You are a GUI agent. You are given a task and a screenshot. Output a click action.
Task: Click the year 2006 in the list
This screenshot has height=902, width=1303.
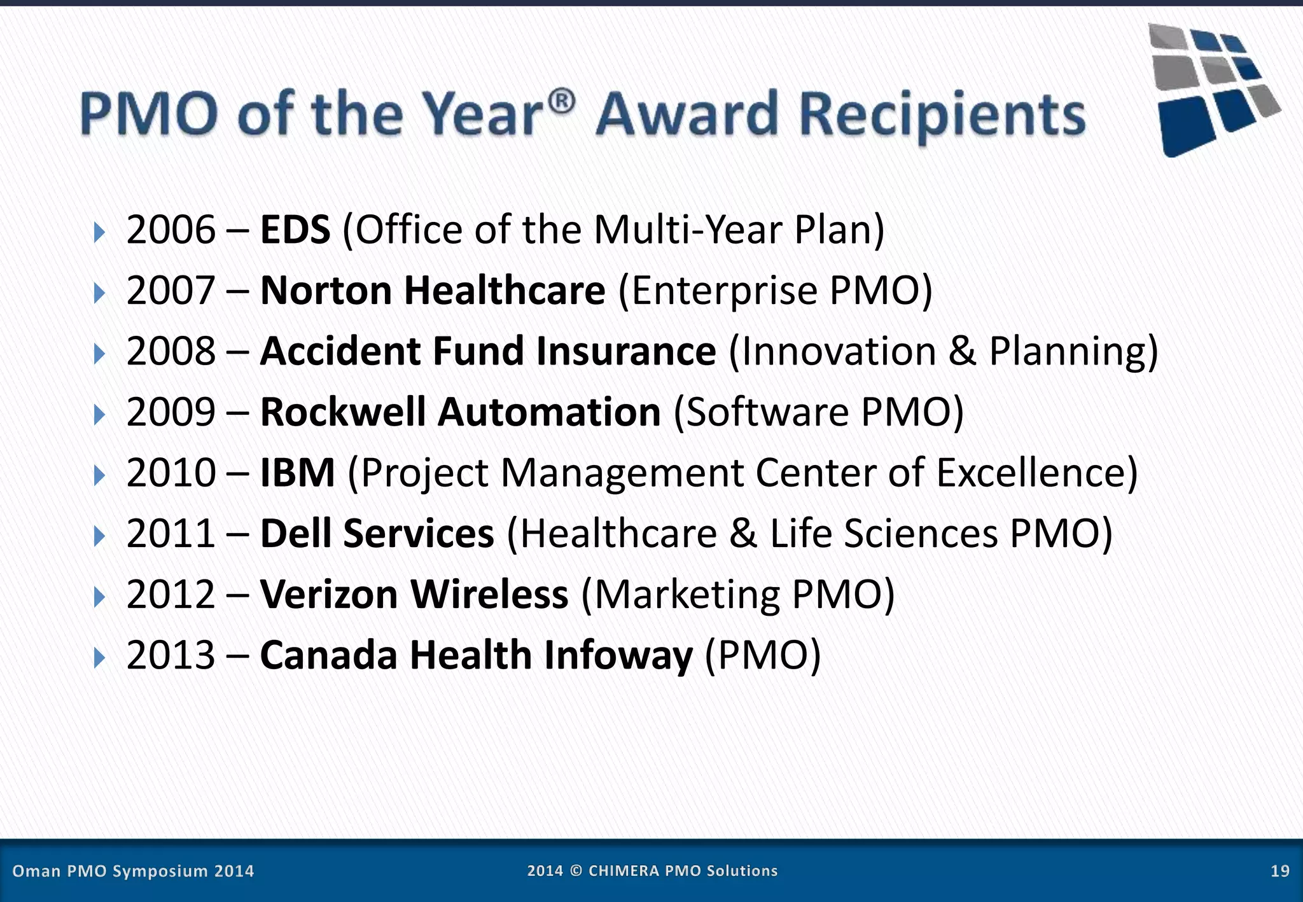[171, 230]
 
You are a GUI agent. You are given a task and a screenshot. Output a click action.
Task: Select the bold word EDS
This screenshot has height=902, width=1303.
[295, 230]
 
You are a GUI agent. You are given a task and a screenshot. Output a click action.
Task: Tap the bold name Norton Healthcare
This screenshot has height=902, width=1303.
[433, 291]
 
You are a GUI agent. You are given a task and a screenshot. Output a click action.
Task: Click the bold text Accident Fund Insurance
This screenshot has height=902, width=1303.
[488, 351]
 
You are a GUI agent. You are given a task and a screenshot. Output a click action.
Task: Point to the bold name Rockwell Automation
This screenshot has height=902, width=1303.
[461, 412]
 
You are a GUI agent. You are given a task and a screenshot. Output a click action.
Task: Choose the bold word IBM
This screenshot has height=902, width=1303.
[297, 473]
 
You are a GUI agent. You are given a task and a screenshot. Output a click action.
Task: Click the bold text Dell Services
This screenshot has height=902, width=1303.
[377, 534]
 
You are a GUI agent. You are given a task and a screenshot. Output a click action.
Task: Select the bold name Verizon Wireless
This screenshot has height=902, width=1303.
[414, 595]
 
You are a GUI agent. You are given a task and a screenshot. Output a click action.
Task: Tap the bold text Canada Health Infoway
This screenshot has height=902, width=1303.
[476, 655]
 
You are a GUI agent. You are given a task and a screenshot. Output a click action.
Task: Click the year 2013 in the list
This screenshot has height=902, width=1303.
[171, 655]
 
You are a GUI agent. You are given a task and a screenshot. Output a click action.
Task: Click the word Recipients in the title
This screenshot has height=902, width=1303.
[942, 115]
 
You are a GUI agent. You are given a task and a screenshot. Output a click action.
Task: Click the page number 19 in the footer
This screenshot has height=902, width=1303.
[1279, 871]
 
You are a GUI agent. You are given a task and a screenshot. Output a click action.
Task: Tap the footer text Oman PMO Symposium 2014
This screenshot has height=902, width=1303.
[133, 871]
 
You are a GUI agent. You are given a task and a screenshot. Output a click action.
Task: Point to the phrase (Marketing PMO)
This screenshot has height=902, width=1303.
[738, 595]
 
